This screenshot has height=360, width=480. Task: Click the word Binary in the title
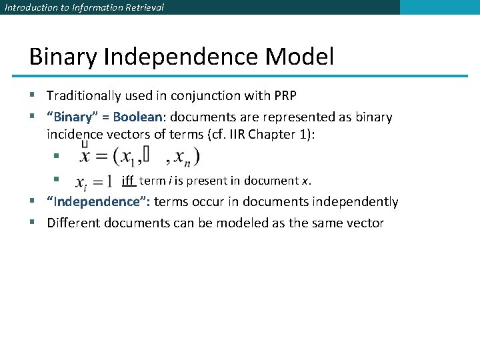pyautogui.click(x=63, y=57)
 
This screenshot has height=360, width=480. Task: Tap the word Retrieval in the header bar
pyautogui.click(x=142, y=7)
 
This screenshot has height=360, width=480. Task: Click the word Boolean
pyautogui.click(x=137, y=117)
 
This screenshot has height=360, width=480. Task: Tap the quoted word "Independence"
pyautogui.click(x=98, y=202)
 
